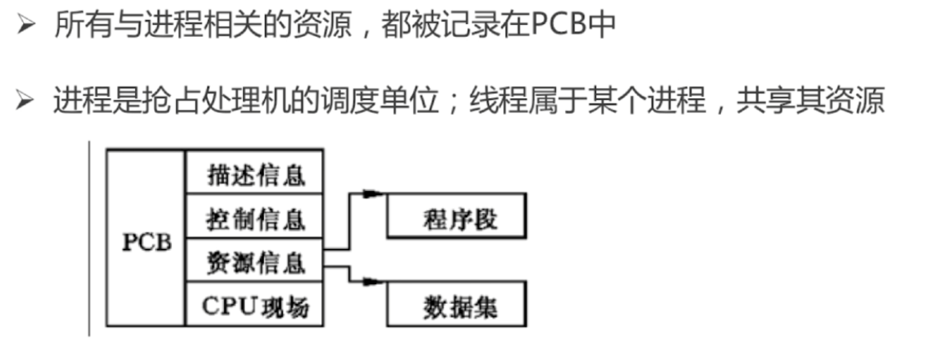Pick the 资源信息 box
tap(255, 262)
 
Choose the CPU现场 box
tap(255, 306)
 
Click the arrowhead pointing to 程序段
tap(371, 193)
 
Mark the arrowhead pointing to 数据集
tap(371, 281)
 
